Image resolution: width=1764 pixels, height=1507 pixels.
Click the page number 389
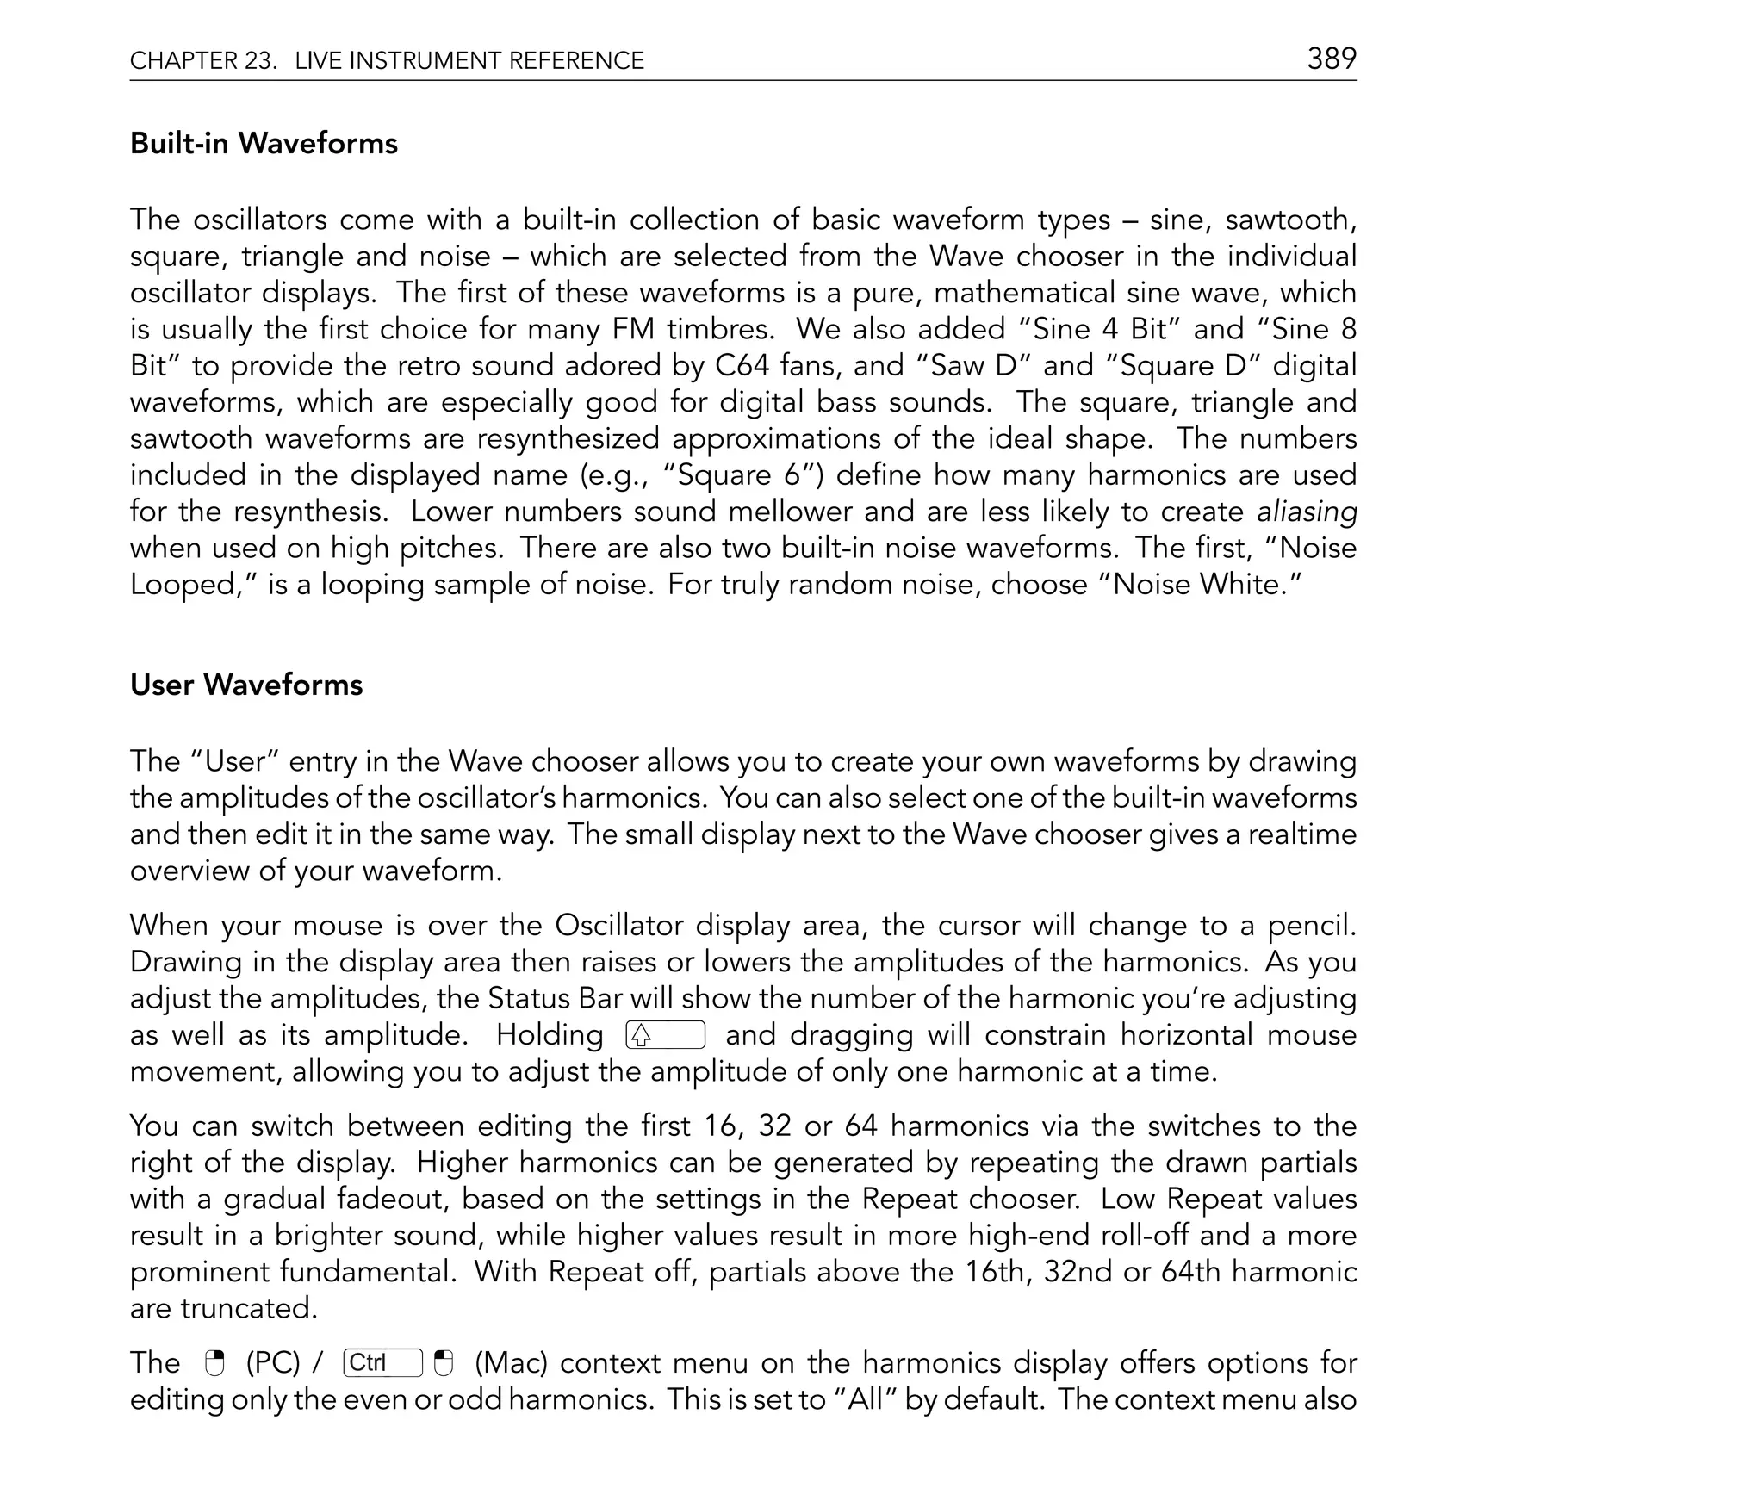(x=1332, y=59)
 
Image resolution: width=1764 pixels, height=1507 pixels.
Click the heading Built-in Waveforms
(x=264, y=143)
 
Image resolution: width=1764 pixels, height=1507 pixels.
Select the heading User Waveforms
(x=246, y=685)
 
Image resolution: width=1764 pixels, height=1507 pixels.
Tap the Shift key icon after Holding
(x=665, y=1035)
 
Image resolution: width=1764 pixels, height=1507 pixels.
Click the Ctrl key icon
(x=382, y=1363)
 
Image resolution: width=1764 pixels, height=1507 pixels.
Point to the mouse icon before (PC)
(x=214, y=1363)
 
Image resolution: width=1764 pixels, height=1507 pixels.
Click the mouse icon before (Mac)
(x=444, y=1363)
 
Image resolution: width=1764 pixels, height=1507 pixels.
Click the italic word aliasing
(x=1307, y=512)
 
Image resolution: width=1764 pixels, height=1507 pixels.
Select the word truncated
(x=249, y=1309)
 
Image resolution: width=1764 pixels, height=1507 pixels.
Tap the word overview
(x=186, y=871)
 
